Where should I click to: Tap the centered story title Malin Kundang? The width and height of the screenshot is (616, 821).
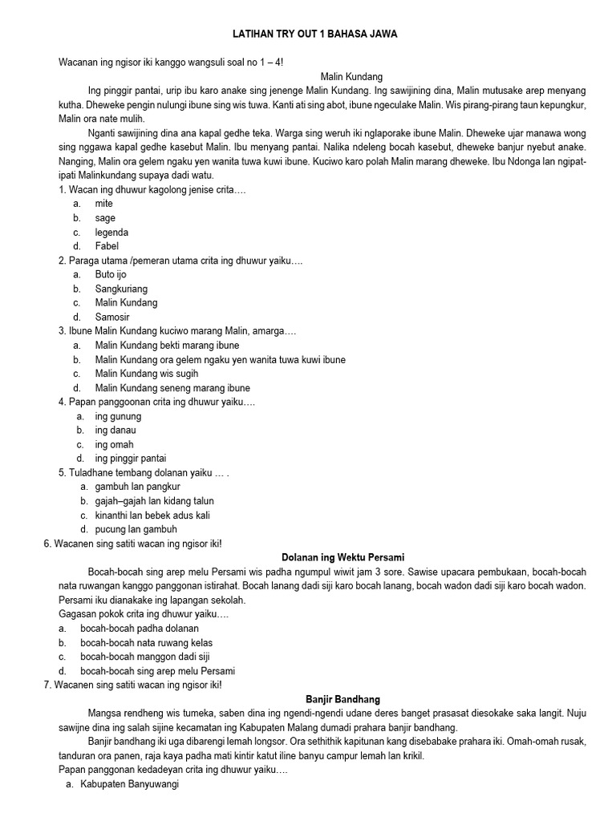coord(342,76)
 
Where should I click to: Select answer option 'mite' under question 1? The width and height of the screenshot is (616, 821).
coord(104,204)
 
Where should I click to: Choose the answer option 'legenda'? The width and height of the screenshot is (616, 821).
coord(111,233)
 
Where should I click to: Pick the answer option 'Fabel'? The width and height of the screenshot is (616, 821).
coord(107,246)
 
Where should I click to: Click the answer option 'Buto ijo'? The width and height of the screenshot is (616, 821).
coord(111,274)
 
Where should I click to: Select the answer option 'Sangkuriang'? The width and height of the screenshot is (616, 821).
coord(121,289)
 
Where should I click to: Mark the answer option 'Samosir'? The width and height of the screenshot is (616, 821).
coord(111,317)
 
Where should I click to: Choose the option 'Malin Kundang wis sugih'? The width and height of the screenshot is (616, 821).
coord(147,374)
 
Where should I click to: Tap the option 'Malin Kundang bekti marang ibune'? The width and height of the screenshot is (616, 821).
coord(167,346)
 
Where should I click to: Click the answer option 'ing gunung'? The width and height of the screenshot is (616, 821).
coord(118,416)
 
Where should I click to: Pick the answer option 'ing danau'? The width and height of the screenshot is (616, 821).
coord(115,431)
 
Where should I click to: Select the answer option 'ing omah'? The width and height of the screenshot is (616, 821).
coord(114,444)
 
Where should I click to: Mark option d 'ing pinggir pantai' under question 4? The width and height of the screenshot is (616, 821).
coord(131,459)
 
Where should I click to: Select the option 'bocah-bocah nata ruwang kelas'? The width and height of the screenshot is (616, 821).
coord(146,643)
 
